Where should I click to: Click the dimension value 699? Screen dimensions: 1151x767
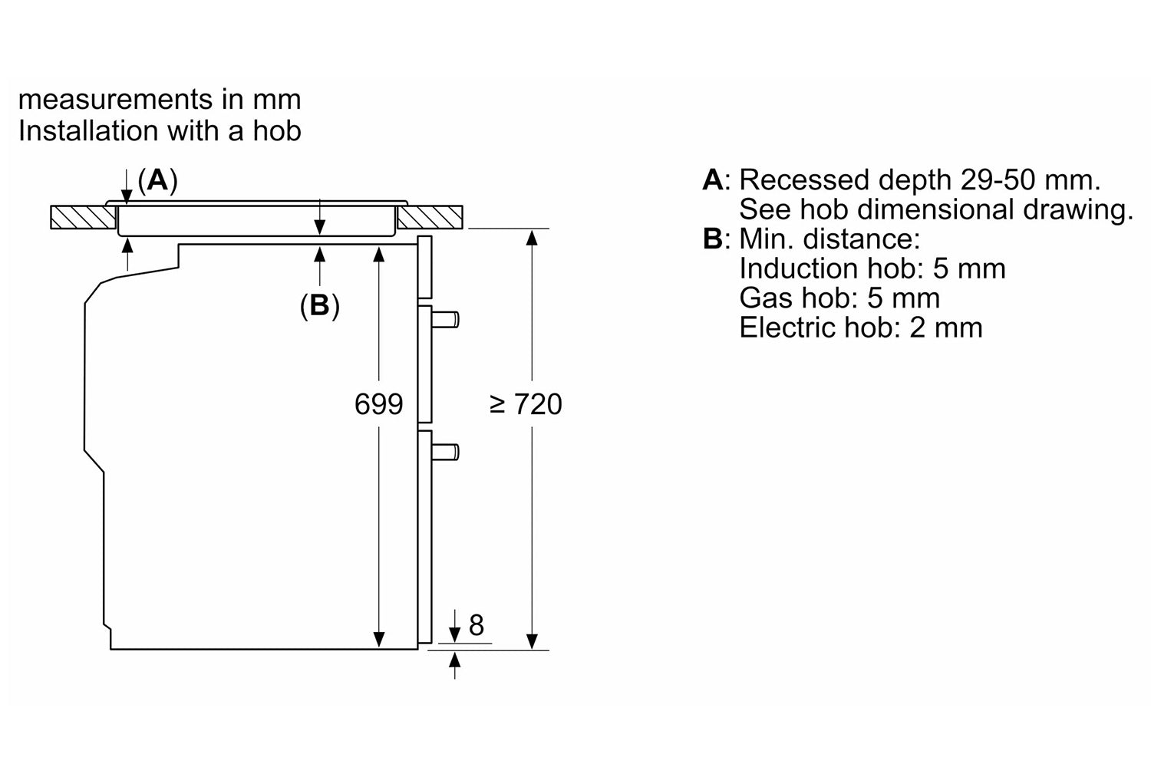pyautogui.click(x=379, y=404)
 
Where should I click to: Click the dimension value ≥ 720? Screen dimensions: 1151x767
pyautogui.click(x=526, y=404)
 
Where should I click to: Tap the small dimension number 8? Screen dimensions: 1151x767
pyautogui.click(x=477, y=625)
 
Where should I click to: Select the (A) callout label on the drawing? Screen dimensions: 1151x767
pyautogui.click(x=158, y=181)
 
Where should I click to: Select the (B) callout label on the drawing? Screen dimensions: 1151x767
pyautogui.click(x=320, y=306)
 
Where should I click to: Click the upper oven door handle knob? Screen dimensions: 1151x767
pyautogui.click(x=445, y=320)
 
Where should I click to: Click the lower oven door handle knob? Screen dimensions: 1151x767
pyautogui.click(x=445, y=452)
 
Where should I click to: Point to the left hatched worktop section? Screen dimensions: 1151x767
pyautogui.click(x=83, y=217)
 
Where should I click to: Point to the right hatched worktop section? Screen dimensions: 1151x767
pyautogui.click(x=430, y=217)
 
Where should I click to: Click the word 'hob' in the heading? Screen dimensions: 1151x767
pyautogui.click(x=276, y=130)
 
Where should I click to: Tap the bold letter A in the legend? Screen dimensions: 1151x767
pyautogui.click(x=714, y=179)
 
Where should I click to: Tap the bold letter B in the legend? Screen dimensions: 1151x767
pyautogui.click(x=713, y=239)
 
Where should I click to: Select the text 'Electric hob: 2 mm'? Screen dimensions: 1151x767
pyautogui.click(x=861, y=328)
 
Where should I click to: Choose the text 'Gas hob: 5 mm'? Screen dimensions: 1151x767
pyautogui.click(x=839, y=298)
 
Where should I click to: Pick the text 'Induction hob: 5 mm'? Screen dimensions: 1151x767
pyautogui.click(x=872, y=268)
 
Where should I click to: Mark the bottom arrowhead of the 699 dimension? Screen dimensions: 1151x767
pyautogui.click(x=379, y=640)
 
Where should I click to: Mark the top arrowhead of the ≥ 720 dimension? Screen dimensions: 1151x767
pyautogui.click(x=532, y=238)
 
